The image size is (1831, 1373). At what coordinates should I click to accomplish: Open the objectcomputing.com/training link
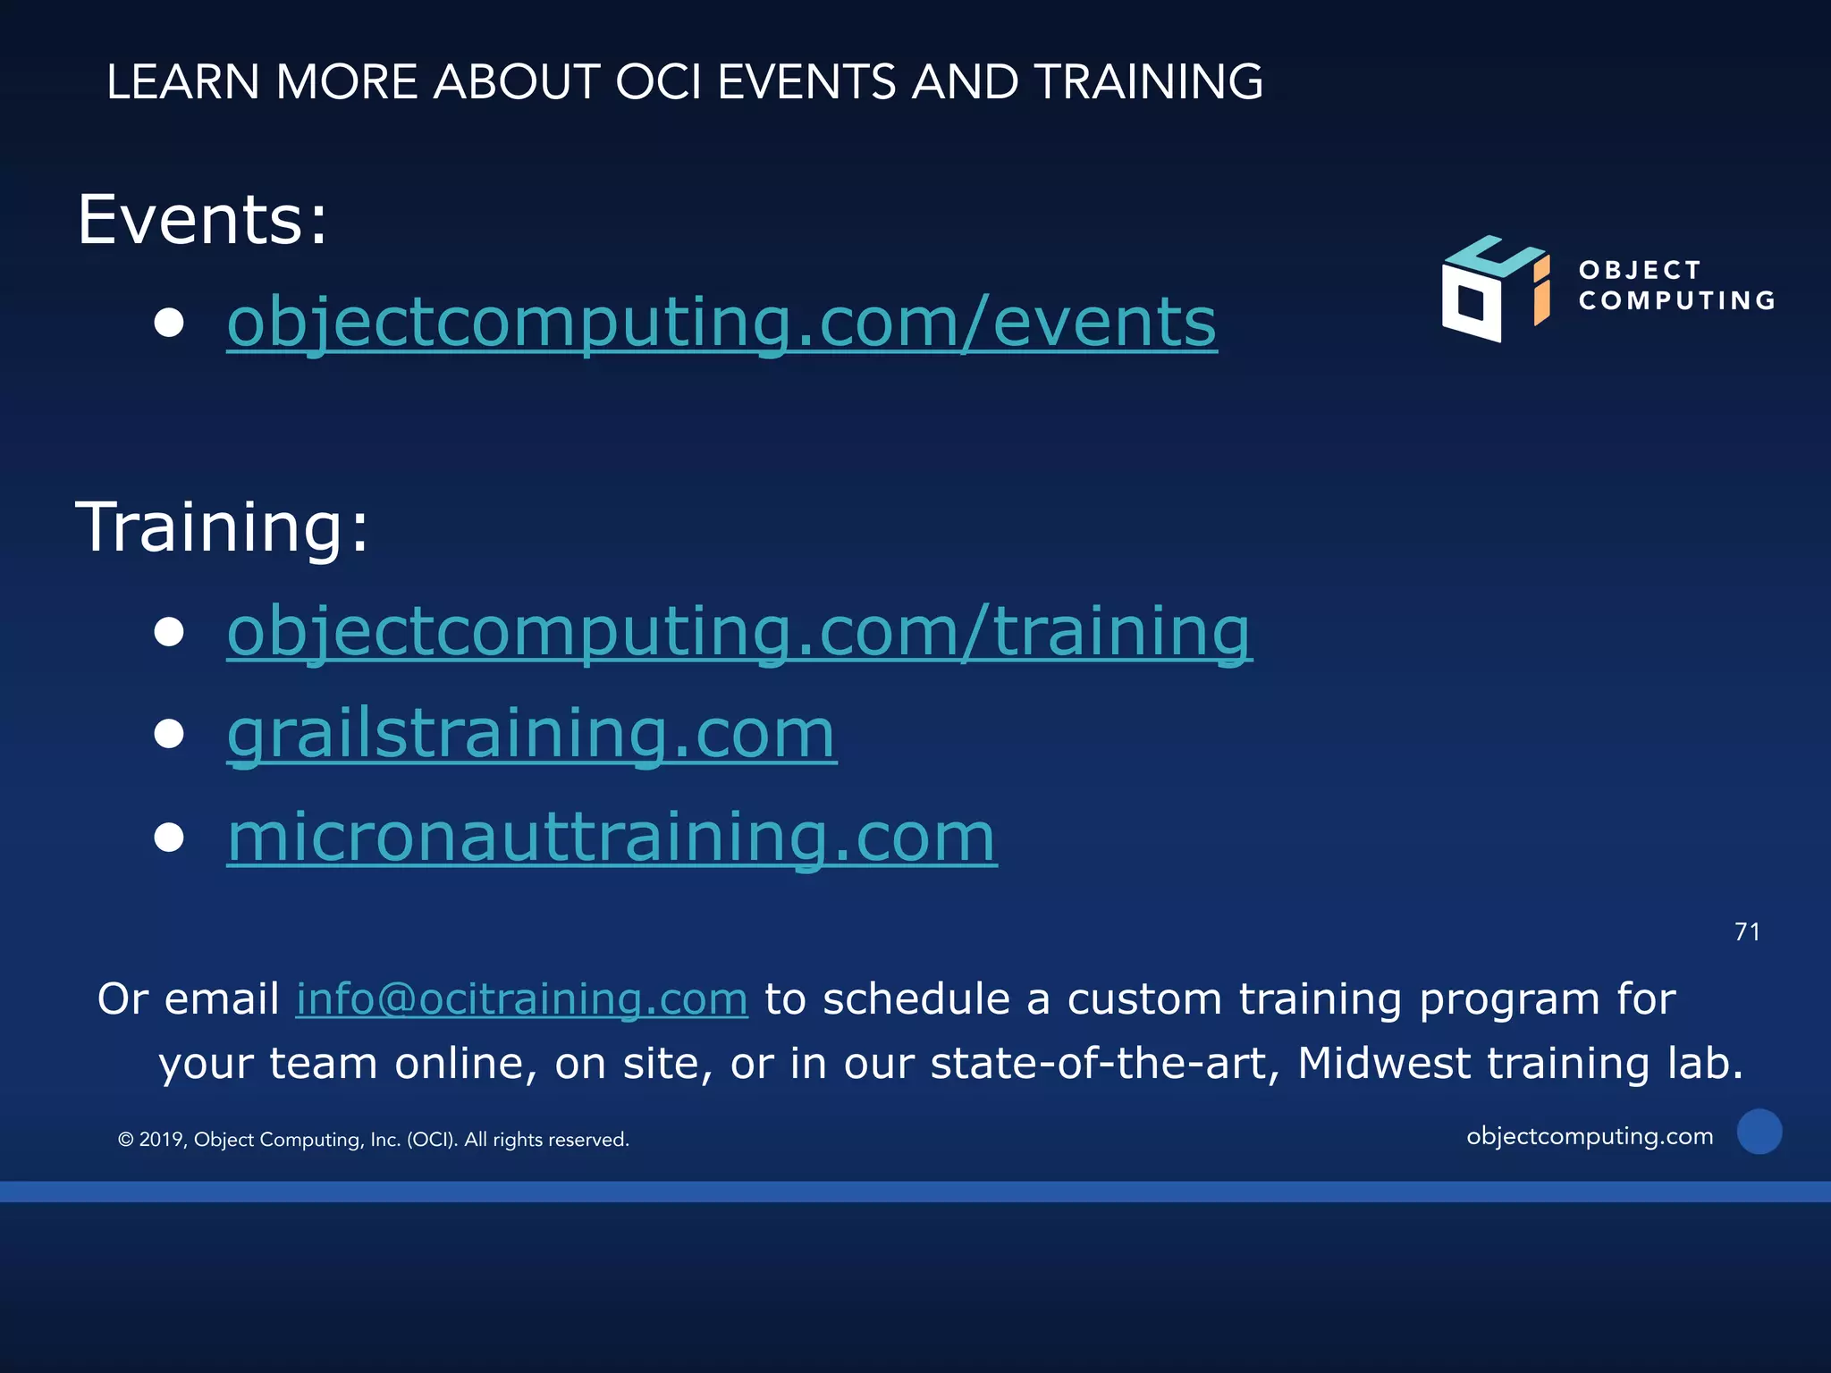click(739, 631)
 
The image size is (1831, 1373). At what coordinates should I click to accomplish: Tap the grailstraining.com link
click(531, 734)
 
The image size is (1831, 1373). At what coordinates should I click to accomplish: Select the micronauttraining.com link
click(612, 837)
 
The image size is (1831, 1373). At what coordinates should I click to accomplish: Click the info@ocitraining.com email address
click(521, 999)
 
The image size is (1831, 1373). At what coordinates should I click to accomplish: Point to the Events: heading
click(203, 220)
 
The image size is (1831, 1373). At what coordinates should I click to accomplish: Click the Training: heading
click(222, 527)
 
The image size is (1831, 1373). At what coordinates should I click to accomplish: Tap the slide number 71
click(1747, 932)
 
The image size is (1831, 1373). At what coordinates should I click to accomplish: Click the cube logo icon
click(1494, 289)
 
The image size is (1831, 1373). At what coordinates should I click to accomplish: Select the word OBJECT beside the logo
click(1640, 270)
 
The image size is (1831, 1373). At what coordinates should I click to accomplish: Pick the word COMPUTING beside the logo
click(1677, 300)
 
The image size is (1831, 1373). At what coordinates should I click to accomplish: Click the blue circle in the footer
click(1759, 1132)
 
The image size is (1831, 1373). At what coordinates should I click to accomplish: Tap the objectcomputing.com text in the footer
click(1590, 1136)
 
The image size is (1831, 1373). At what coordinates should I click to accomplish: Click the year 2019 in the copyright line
click(161, 1140)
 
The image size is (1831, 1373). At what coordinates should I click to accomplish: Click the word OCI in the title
click(658, 82)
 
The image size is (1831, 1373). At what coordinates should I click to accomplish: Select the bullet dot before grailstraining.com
click(169, 734)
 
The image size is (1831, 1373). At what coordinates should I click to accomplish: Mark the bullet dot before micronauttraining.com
click(169, 838)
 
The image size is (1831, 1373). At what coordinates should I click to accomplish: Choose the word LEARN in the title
click(182, 82)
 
